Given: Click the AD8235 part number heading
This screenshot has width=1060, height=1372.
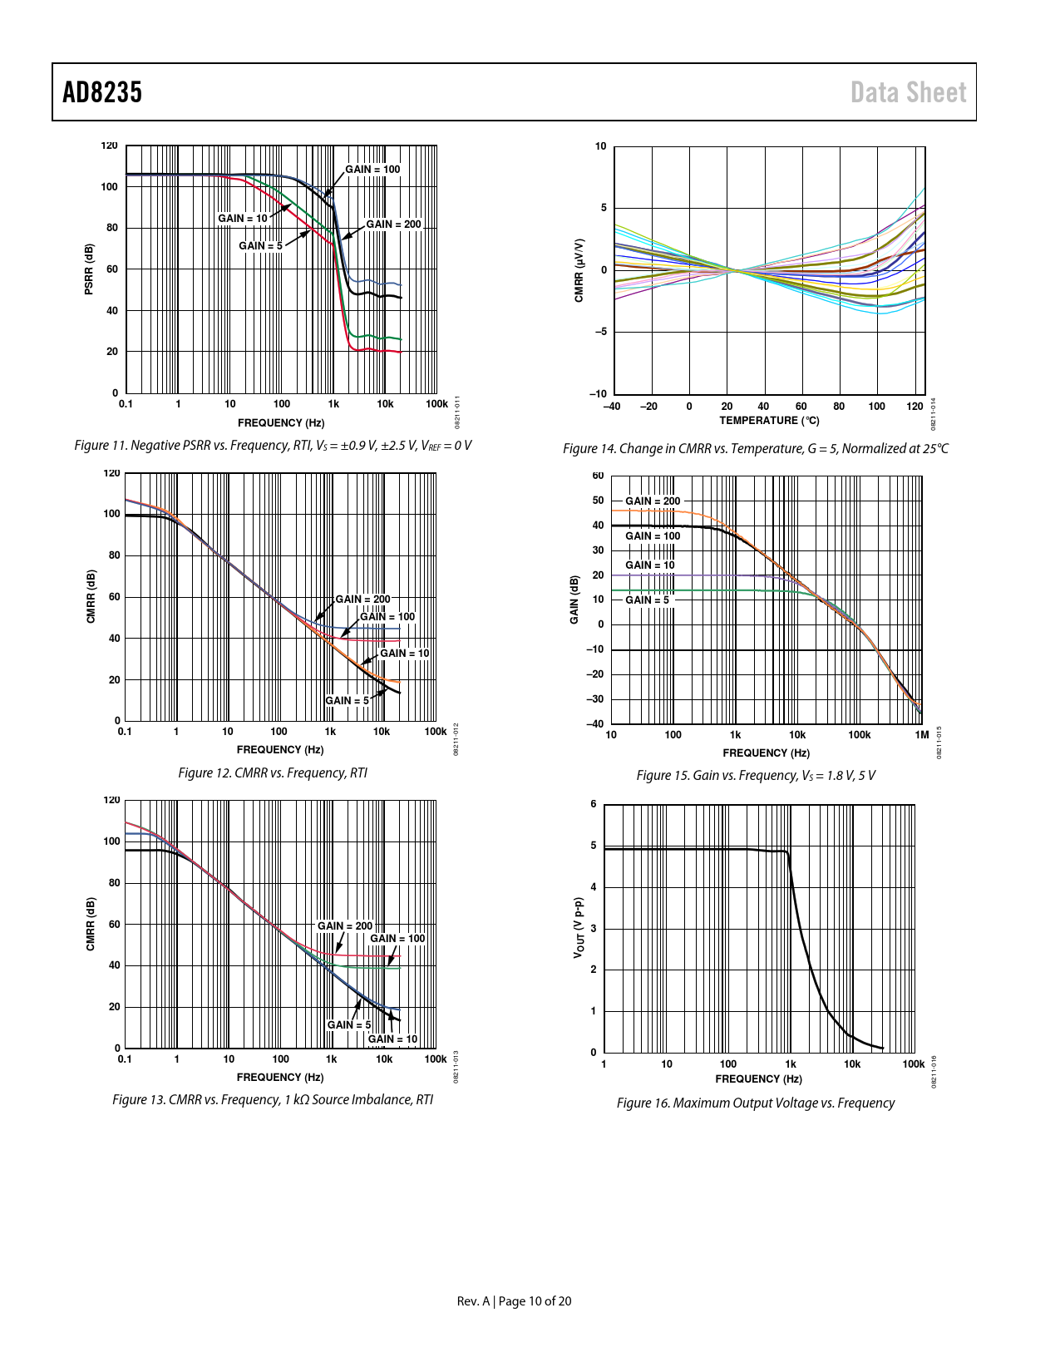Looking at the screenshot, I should click(102, 92).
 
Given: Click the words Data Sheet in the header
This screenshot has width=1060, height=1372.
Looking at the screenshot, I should click(908, 92).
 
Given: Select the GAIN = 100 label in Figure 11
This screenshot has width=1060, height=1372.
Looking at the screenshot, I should click(372, 170).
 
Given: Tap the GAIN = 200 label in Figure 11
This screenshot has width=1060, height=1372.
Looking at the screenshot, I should click(393, 225).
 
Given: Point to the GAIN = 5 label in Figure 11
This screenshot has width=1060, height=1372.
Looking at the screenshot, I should click(260, 246).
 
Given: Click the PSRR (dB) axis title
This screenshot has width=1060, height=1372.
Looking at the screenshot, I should click(89, 269).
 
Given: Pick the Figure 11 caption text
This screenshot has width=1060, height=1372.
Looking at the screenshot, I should click(273, 446).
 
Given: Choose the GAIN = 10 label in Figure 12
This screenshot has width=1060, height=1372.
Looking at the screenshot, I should click(404, 654).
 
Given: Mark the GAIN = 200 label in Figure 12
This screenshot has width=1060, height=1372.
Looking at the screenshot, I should click(362, 600).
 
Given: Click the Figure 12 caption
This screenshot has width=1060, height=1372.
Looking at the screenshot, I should click(273, 773).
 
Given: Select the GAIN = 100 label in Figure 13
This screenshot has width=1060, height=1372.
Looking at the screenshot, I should click(397, 939).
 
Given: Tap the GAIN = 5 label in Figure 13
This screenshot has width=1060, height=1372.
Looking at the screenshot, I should click(348, 1025).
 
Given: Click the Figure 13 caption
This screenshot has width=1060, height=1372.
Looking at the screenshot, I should click(273, 1100).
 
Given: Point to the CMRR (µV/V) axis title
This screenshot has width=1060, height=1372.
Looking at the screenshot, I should click(579, 270).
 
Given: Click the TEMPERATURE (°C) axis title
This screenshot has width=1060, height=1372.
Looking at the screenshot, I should click(769, 421).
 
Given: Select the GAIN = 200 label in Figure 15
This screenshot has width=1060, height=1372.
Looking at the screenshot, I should click(653, 501).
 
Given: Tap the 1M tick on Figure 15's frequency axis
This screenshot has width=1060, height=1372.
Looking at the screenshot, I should click(921, 735).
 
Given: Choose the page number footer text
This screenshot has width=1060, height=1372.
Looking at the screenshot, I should click(514, 1301).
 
